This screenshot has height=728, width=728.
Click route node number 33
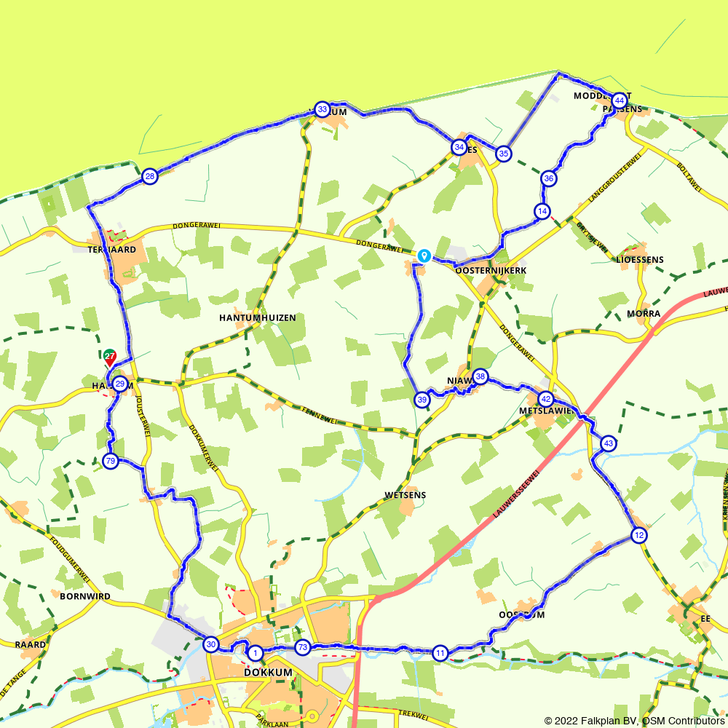pos(322,109)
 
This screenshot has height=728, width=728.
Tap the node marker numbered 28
pos(149,176)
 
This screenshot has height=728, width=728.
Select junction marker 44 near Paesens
pos(619,100)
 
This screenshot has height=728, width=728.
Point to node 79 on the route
pos(110,461)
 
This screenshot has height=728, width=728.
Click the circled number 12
pos(639,536)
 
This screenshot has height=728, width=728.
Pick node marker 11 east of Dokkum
pos(440,652)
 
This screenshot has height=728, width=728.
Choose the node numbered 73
pos(303,647)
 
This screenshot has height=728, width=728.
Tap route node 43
pos(609,443)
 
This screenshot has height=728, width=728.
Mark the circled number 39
pos(422,399)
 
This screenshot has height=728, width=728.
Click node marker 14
pos(542,211)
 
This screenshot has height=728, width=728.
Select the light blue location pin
pos(424,256)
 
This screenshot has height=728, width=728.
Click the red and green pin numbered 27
pos(109,357)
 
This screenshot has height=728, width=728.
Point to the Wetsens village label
pos(405,495)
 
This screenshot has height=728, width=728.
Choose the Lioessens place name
pos(640,259)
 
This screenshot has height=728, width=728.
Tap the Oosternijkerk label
pos(491,270)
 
